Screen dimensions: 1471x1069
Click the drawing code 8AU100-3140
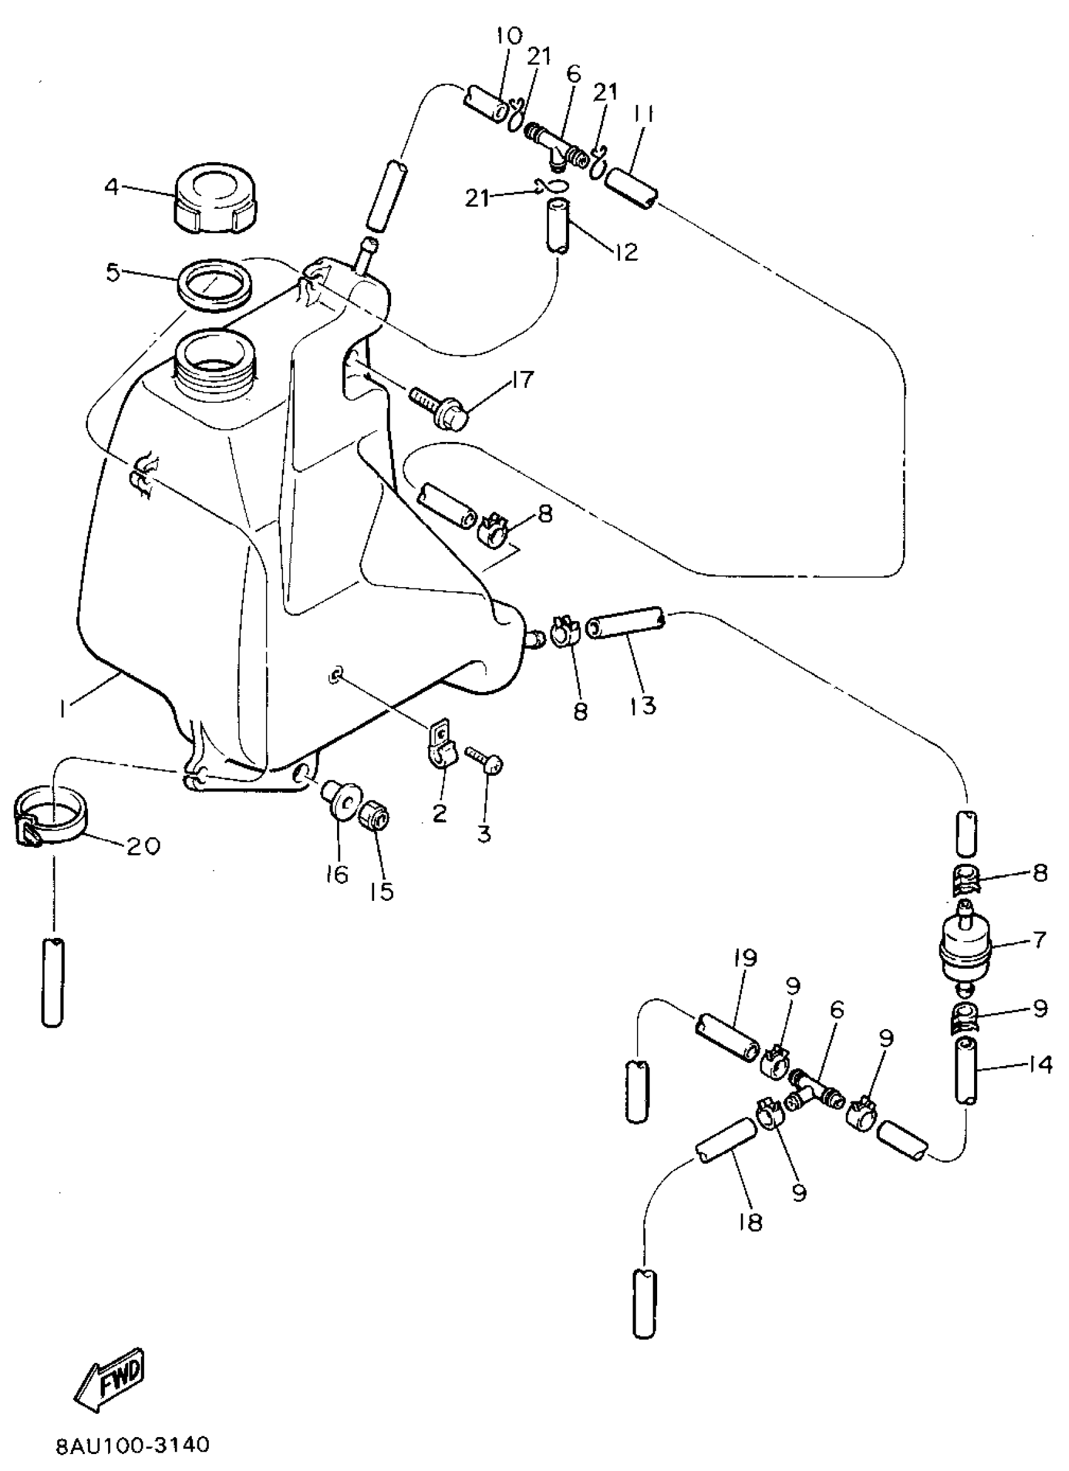[132, 1446]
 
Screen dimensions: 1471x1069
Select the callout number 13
[642, 705]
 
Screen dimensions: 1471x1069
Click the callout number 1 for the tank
[63, 710]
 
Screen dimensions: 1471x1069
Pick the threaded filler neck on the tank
[218, 362]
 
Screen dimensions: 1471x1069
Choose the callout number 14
[1040, 1064]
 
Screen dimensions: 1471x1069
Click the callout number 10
[509, 36]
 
